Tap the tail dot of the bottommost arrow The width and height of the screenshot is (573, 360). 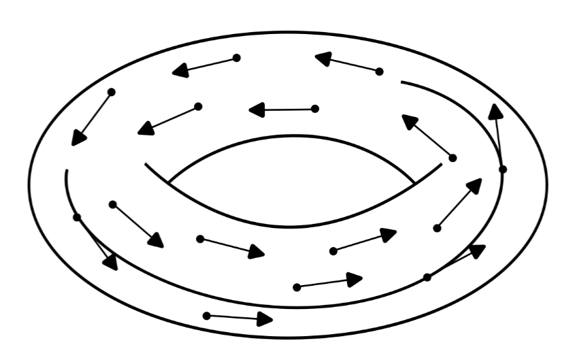click(x=207, y=316)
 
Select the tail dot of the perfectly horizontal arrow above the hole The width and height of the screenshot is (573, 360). click(x=314, y=109)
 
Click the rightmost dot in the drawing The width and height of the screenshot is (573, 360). click(x=503, y=169)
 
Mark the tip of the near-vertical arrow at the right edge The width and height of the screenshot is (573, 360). click(x=496, y=111)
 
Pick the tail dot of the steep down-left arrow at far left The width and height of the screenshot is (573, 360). click(x=112, y=92)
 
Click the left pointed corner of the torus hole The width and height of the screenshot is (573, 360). click(x=169, y=183)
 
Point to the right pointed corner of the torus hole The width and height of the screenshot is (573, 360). click(x=414, y=183)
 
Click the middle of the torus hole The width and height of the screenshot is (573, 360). click(x=291, y=180)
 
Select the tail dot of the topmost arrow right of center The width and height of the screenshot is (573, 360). click(x=379, y=71)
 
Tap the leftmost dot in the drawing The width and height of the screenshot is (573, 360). click(x=77, y=217)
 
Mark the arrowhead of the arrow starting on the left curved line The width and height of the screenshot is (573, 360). click(x=111, y=262)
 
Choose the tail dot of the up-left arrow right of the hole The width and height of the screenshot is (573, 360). click(x=453, y=158)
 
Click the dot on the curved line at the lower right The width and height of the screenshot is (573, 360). click(x=427, y=277)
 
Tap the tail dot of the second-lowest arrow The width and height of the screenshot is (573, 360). click(x=297, y=287)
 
